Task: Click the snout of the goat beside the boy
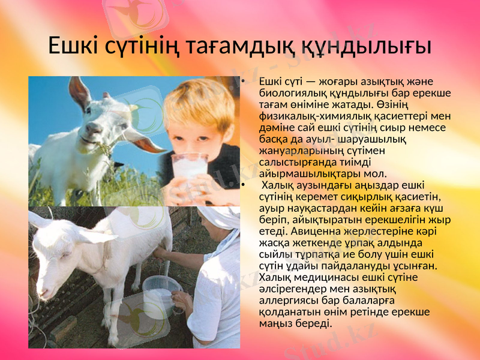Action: point(89,137)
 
